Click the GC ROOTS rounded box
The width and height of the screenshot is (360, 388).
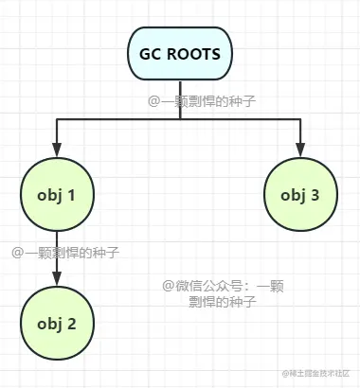coord(180,54)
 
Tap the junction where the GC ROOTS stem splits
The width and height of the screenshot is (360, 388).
coord(180,118)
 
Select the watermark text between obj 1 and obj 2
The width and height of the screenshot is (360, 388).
coord(65,253)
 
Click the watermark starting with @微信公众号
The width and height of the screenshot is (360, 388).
coord(223,293)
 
